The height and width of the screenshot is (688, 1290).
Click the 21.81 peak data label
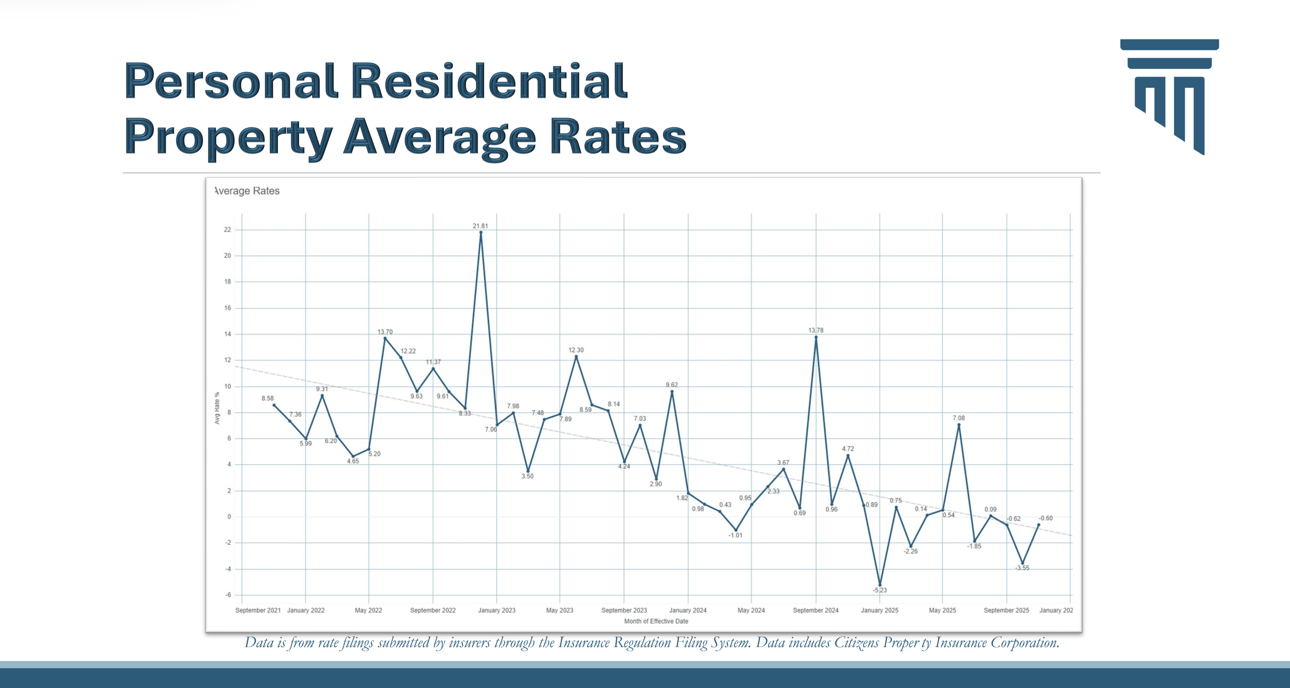480,226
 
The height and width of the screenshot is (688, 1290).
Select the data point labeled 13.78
816,337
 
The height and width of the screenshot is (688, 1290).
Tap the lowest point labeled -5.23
880,584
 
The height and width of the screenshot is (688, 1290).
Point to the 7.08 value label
959,418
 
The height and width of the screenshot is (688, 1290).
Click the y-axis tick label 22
227,230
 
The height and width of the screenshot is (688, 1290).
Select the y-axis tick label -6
228,595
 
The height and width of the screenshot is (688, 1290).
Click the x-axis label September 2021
258,610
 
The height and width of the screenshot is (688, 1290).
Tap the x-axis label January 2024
688,610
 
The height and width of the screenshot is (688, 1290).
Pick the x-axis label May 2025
942,610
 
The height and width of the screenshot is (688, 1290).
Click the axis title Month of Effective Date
656,621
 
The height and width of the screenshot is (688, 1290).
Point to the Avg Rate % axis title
217,408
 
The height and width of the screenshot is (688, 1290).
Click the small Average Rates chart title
247,191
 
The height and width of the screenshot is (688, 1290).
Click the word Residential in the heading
489,81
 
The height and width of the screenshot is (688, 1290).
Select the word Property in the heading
228,137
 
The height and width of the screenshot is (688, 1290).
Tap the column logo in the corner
1169,96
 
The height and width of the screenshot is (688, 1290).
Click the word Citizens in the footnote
856,643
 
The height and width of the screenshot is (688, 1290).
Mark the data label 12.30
576,350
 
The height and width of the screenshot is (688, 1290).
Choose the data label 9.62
672,384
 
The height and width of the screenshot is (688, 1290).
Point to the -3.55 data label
1022,568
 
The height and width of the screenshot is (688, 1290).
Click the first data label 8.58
268,398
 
